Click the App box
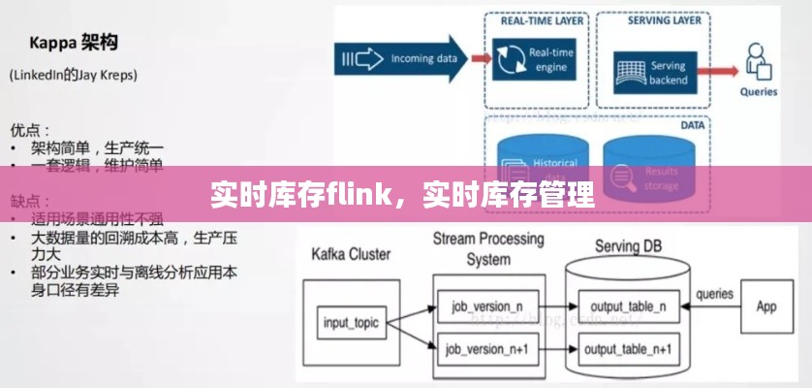765,307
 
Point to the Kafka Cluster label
350,255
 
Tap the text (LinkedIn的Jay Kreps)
73,75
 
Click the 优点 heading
30,128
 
